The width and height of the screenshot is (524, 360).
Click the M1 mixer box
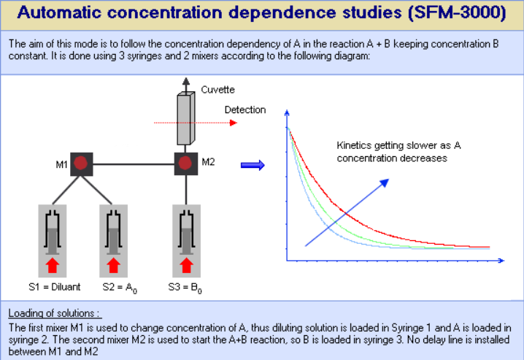[82, 164]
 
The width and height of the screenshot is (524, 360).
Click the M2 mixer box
[186, 164]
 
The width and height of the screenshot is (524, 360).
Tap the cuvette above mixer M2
[186, 118]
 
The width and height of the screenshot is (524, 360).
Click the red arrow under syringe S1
[52, 265]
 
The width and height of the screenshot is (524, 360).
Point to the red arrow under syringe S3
[187, 265]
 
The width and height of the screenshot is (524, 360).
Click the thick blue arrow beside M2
[253, 165]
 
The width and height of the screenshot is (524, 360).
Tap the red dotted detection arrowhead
[234, 123]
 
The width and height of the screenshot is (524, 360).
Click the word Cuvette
[218, 90]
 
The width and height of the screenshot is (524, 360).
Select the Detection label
[245, 110]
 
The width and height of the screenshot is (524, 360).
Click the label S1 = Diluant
[55, 287]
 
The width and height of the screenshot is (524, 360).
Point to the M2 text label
[208, 162]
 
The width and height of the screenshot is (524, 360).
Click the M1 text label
[62, 164]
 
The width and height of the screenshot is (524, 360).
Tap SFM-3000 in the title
[457, 12]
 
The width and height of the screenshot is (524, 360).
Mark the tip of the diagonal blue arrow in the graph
[389, 179]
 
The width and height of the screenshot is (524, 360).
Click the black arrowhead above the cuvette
[186, 81]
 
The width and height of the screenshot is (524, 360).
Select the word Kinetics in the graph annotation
[354, 145]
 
